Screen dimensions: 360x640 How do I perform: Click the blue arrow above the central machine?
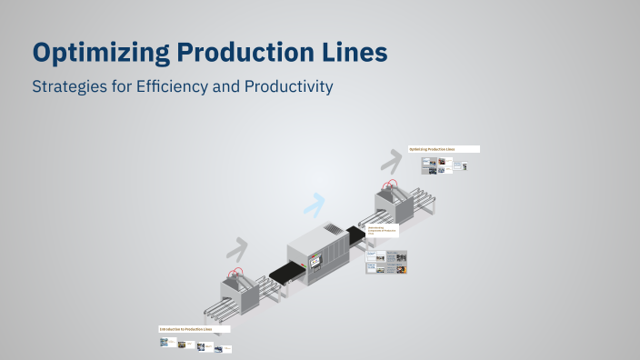(315, 205)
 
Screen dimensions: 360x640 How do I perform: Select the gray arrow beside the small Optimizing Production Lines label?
(392, 160)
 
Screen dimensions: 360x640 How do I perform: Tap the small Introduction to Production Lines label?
(194, 329)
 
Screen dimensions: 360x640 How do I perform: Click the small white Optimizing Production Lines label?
(443, 149)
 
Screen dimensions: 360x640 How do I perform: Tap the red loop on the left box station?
(236, 273)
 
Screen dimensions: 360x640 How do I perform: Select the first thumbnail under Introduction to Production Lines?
(165, 343)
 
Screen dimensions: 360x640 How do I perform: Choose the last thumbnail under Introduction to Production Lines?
(229, 348)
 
